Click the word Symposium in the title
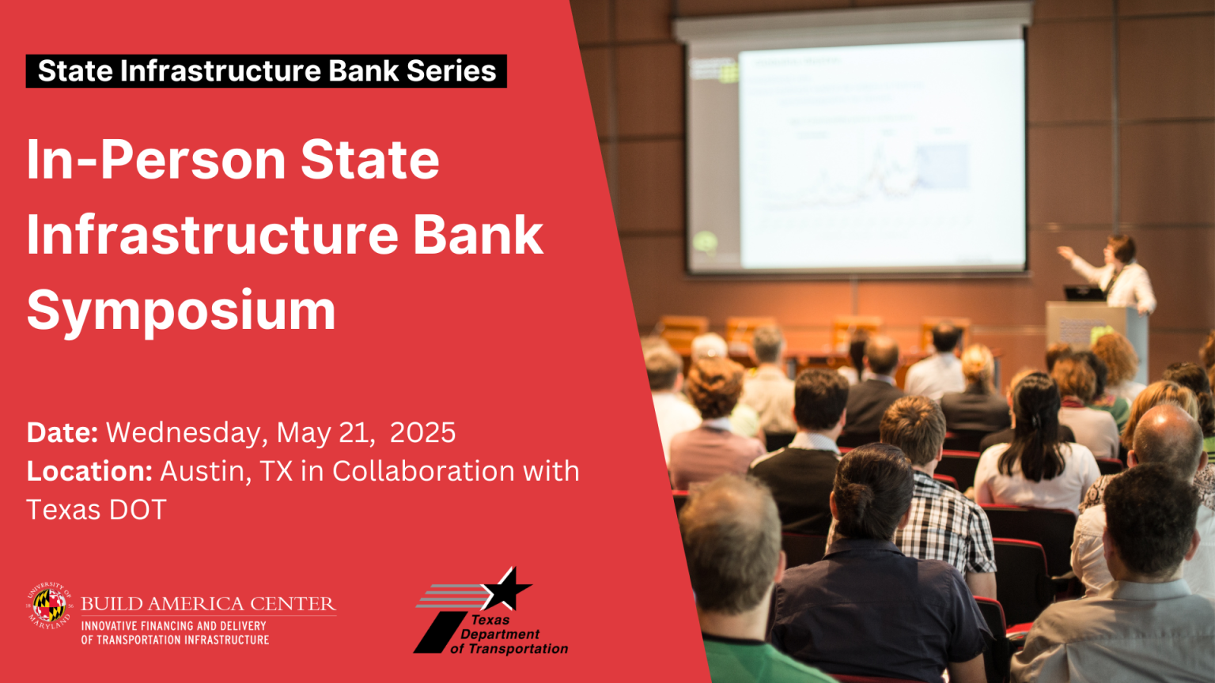tap(181, 311)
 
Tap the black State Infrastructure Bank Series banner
tap(266, 71)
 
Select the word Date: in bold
tap(62, 432)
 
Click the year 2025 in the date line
tap(422, 432)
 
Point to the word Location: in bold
tap(89, 471)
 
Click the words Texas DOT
tap(97, 510)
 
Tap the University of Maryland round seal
tap(49, 606)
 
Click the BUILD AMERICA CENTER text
tap(208, 604)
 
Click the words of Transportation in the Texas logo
tap(509, 649)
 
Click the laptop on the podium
tap(1084, 292)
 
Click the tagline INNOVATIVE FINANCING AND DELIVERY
tap(173, 626)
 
